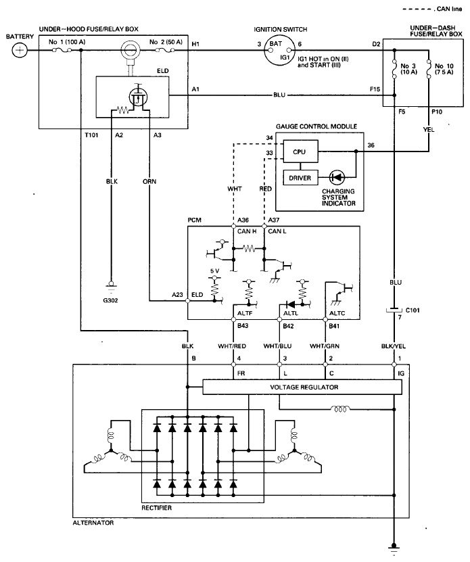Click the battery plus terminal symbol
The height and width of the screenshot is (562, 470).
pos(20,50)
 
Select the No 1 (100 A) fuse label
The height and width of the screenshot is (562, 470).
pos(67,42)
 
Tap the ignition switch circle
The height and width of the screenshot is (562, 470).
pos(279,51)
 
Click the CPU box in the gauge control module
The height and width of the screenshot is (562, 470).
pos(300,151)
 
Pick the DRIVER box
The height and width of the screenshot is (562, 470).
pos(300,178)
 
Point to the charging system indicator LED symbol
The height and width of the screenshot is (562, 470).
pos(337,177)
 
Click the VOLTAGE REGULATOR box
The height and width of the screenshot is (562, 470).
pos(302,387)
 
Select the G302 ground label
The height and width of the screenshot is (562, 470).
pos(110,300)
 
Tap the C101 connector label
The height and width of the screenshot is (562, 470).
pos(413,310)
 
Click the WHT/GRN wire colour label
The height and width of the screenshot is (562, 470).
pos(325,346)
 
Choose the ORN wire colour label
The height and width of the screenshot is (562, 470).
pos(149,182)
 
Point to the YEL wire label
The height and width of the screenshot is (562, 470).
pos(429,130)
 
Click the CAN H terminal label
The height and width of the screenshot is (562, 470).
pos(247,231)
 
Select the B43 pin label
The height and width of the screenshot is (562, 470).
pos(243,326)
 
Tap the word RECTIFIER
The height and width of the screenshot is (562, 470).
pos(156,508)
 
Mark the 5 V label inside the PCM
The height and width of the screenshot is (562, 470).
pos(214,271)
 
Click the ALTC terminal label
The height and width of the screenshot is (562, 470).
pos(337,313)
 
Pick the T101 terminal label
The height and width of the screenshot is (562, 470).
pos(91,135)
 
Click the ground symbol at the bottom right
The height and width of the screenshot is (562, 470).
pos(394,549)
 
